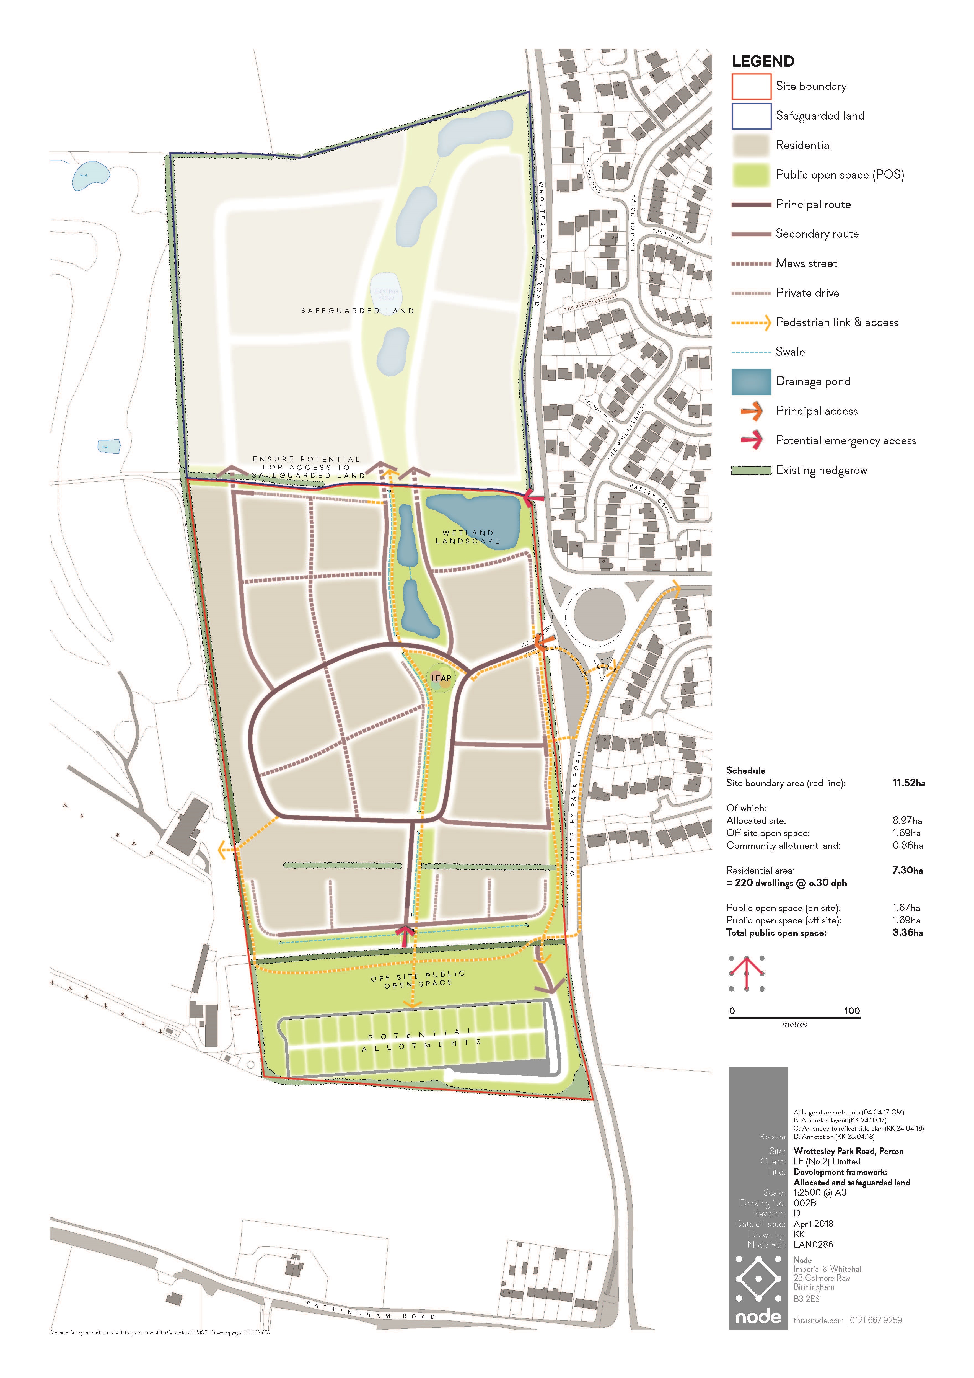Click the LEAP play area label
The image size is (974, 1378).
(x=441, y=678)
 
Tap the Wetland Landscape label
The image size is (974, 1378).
(x=468, y=536)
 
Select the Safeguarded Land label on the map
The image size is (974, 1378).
(x=358, y=311)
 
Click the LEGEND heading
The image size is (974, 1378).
(x=763, y=61)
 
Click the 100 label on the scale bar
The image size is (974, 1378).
(x=852, y=1011)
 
